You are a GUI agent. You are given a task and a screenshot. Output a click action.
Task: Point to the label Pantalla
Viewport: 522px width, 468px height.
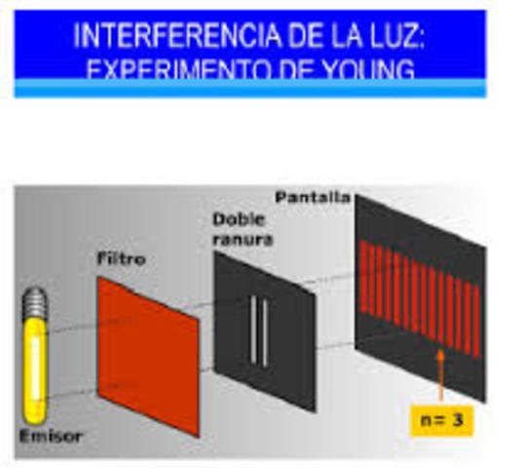tap(312, 197)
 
